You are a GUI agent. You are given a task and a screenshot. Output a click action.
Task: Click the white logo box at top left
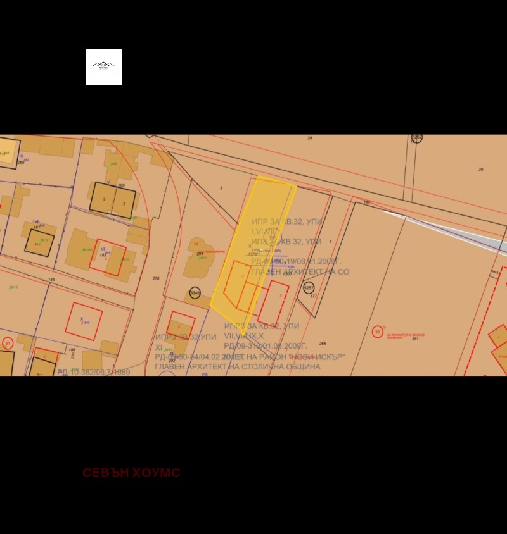(103, 66)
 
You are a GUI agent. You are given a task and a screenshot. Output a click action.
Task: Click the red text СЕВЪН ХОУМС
(131, 473)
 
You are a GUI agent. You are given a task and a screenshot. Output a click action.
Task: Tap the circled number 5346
(195, 292)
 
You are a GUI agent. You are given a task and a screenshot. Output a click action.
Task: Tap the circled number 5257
(309, 288)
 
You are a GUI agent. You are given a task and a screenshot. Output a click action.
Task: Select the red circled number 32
(378, 332)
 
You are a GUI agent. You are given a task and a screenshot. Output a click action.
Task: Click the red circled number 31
(8, 343)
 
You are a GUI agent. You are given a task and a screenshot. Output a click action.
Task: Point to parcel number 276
(156, 278)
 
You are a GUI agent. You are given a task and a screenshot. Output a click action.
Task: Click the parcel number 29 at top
(310, 138)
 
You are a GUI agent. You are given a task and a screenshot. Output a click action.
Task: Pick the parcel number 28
(481, 169)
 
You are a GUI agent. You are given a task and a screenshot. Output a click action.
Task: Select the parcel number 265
(323, 344)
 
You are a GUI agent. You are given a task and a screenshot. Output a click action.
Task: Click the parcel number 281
(416, 339)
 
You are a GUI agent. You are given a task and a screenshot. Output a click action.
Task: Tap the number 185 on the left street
(51, 279)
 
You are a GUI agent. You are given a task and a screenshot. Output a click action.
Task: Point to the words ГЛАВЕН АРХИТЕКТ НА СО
(300, 272)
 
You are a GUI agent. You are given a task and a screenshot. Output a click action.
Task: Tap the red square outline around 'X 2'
(84, 321)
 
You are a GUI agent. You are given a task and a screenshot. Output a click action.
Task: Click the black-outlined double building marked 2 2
(113, 199)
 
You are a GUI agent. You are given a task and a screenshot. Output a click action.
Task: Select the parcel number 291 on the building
(200, 254)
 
